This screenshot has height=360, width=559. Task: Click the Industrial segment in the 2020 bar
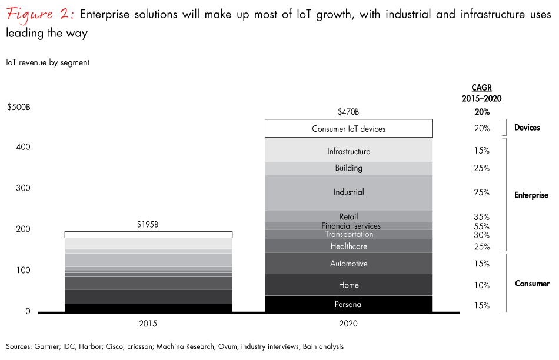click(x=348, y=192)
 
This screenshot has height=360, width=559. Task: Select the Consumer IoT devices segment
click(x=348, y=128)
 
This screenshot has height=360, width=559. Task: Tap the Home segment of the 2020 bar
click(x=348, y=285)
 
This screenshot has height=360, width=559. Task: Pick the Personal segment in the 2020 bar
click(x=348, y=304)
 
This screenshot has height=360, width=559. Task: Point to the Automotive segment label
click(x=348, y=264)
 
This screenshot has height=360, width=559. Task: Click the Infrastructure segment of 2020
click(x=348, y=151)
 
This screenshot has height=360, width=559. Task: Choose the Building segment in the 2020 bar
click(x=348, y=168)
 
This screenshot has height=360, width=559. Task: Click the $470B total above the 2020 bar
click(x=348, y=112)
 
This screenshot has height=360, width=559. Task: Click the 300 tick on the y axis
click(x=23, y=188)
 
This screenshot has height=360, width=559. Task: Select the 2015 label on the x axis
click(x=148, y=324)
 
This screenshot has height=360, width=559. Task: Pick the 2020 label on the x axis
click(x=348, y=324)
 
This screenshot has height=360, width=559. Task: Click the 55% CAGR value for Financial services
click(x=481, y=226)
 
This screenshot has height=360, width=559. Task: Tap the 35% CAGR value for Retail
click(x=481, y=217)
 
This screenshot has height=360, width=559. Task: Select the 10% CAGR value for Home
click(x=481, y=285)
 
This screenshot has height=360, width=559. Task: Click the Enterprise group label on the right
click(x=531, y=195)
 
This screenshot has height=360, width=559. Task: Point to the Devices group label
click(x=527, y=128)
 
